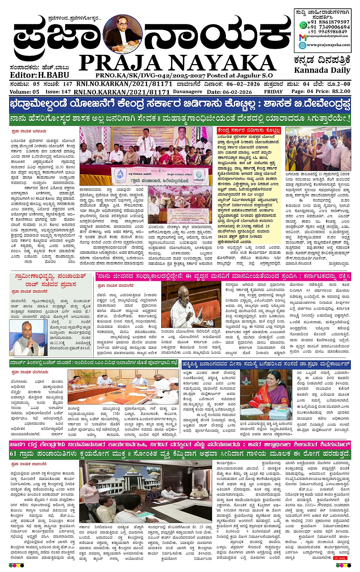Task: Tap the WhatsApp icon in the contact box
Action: click(x=303, y=25)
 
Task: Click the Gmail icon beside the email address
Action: click(x=302, y=37)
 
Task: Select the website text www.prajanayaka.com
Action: click(x=328, y=45)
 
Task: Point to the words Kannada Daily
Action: click(x=322, y=70)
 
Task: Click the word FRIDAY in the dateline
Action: click(x=273, y=92)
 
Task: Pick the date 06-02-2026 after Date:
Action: click(x=237, y=92)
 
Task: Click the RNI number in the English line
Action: click(x=122, y=92)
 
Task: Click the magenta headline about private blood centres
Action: click(x=180, y=444)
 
